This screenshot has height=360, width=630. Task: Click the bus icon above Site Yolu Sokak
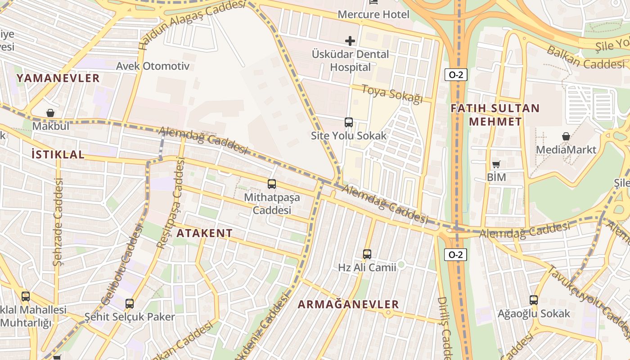[349, 122]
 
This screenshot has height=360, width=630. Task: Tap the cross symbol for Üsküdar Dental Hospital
[350, 41]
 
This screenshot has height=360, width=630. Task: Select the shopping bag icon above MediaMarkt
[566, 136]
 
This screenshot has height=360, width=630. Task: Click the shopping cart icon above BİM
[496, 165]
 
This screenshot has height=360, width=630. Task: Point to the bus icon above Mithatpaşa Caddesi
[272, 184]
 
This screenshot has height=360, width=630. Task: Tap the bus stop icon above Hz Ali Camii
[367, 254]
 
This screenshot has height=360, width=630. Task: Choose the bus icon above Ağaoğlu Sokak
[534, 300]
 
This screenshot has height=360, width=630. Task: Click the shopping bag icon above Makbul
[50, 113]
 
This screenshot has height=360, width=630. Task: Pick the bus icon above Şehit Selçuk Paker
[130, 304]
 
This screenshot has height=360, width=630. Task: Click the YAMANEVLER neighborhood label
[58, 78]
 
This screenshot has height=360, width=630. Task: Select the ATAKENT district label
[205, 233]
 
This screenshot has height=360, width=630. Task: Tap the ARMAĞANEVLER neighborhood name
[348, 304]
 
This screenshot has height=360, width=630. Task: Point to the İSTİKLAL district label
[58, 154]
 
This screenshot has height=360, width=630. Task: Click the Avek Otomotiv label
[153, 66]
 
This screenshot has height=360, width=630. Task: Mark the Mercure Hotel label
[373, 14]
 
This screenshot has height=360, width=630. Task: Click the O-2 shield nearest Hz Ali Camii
[456, 255]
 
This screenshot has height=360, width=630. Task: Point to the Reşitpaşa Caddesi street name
[171, 203]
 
